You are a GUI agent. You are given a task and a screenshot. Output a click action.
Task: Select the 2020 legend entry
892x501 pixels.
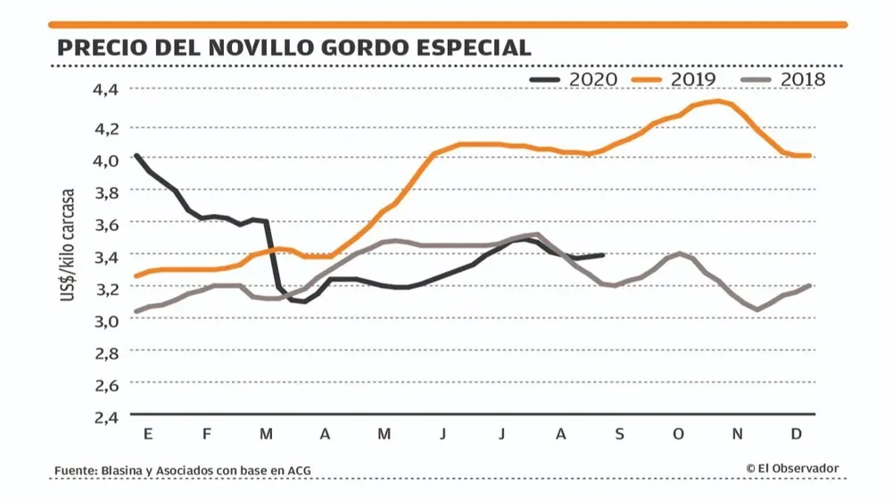(x=574, y=79)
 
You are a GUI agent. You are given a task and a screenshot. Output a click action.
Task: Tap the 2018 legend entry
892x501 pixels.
(x=784, y=79)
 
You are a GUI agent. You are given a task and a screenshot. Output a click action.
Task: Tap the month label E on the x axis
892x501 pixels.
(x=147, y=434)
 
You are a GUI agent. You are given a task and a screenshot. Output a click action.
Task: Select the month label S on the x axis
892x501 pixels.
(x=620, y=434)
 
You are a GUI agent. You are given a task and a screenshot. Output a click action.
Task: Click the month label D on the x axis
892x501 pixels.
(x=797, y=434)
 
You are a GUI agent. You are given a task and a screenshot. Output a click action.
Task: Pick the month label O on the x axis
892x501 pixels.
(x=679, y=434)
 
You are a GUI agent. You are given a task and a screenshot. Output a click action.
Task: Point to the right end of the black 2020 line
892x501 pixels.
(x=603, y=255)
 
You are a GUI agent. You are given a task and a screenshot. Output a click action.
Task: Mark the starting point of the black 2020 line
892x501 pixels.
(x=136, y=155)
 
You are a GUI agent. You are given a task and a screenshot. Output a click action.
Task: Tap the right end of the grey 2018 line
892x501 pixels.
(x=809, y=285)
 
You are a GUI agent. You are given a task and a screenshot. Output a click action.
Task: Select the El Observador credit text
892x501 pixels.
(x=794, y=468)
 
